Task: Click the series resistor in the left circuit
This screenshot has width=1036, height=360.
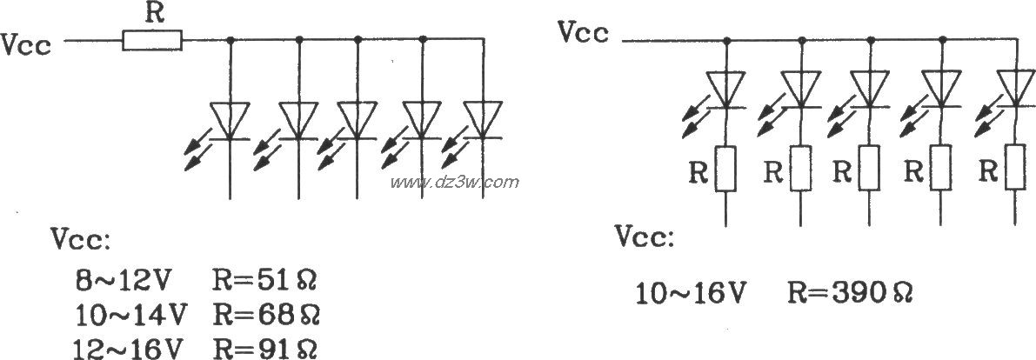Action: [152, 40]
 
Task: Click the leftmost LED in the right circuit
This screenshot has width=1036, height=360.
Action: [727, 88]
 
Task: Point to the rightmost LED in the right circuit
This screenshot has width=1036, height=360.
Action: [1014, 88]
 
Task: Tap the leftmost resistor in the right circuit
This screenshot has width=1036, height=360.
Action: [727, 169]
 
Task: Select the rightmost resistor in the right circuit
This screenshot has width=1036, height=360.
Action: [1014, 169]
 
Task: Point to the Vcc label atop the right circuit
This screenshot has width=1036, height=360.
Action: [586, 33]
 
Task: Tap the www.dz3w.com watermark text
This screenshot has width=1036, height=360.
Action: [454, 183]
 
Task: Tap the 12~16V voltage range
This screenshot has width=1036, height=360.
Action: [130, 348]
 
